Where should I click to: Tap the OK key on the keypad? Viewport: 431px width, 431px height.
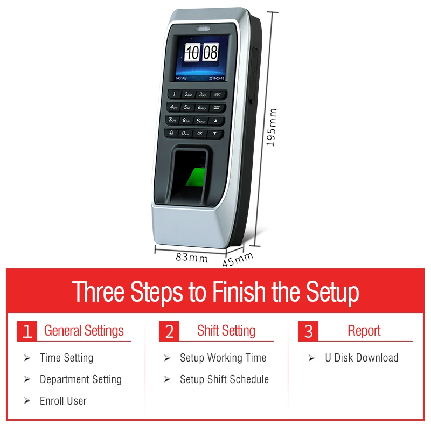tap(200, 133)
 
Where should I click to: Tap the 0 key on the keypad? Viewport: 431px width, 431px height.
tap(185, 132)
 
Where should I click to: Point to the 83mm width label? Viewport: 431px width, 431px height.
tap(192, 258)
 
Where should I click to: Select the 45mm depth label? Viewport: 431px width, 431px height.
tap(238, 260)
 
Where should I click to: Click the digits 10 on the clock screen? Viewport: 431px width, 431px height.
tap(192, 52)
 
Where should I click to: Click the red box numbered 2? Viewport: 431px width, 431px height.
tap(169, 331)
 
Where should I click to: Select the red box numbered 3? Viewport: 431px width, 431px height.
tap(308, 331)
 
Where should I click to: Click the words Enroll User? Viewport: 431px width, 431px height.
tap(63, 401)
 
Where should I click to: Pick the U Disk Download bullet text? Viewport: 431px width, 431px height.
tap(362, 358)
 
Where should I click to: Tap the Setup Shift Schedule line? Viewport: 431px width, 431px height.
tap(224, 379)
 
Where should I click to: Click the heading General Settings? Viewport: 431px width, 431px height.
tap(84, 330)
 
